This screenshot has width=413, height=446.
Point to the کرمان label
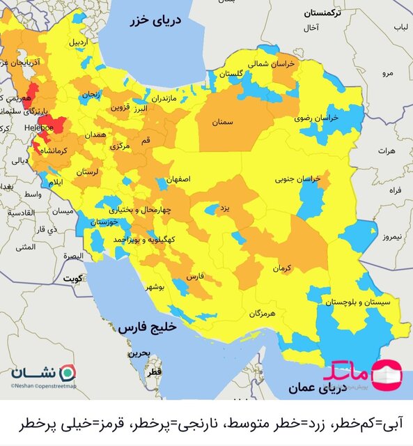(x=281, y=268)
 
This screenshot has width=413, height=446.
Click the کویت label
(x=72, y=277)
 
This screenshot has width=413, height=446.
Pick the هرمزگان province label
(x=262, y=314)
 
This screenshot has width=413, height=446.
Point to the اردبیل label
(x=79, y=42)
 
